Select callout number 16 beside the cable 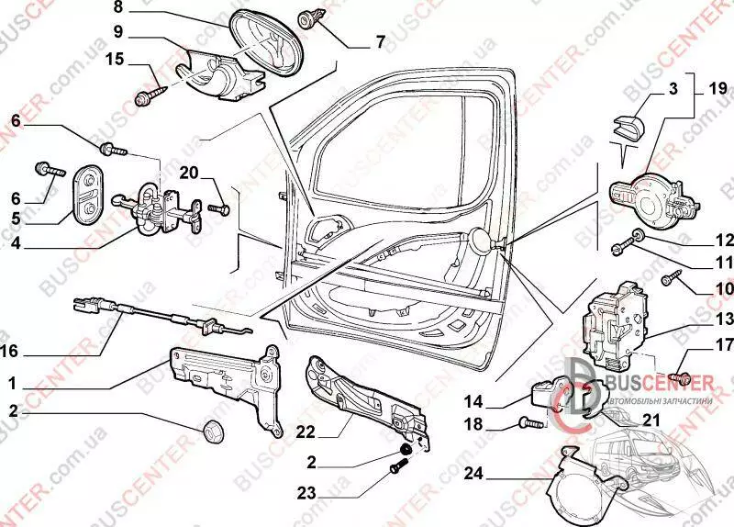point(10,350)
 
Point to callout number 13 point(725,320)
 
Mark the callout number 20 point(189,172)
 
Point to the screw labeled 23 point(395,468)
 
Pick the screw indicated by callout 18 point(530,423)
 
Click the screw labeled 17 point(680,375)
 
